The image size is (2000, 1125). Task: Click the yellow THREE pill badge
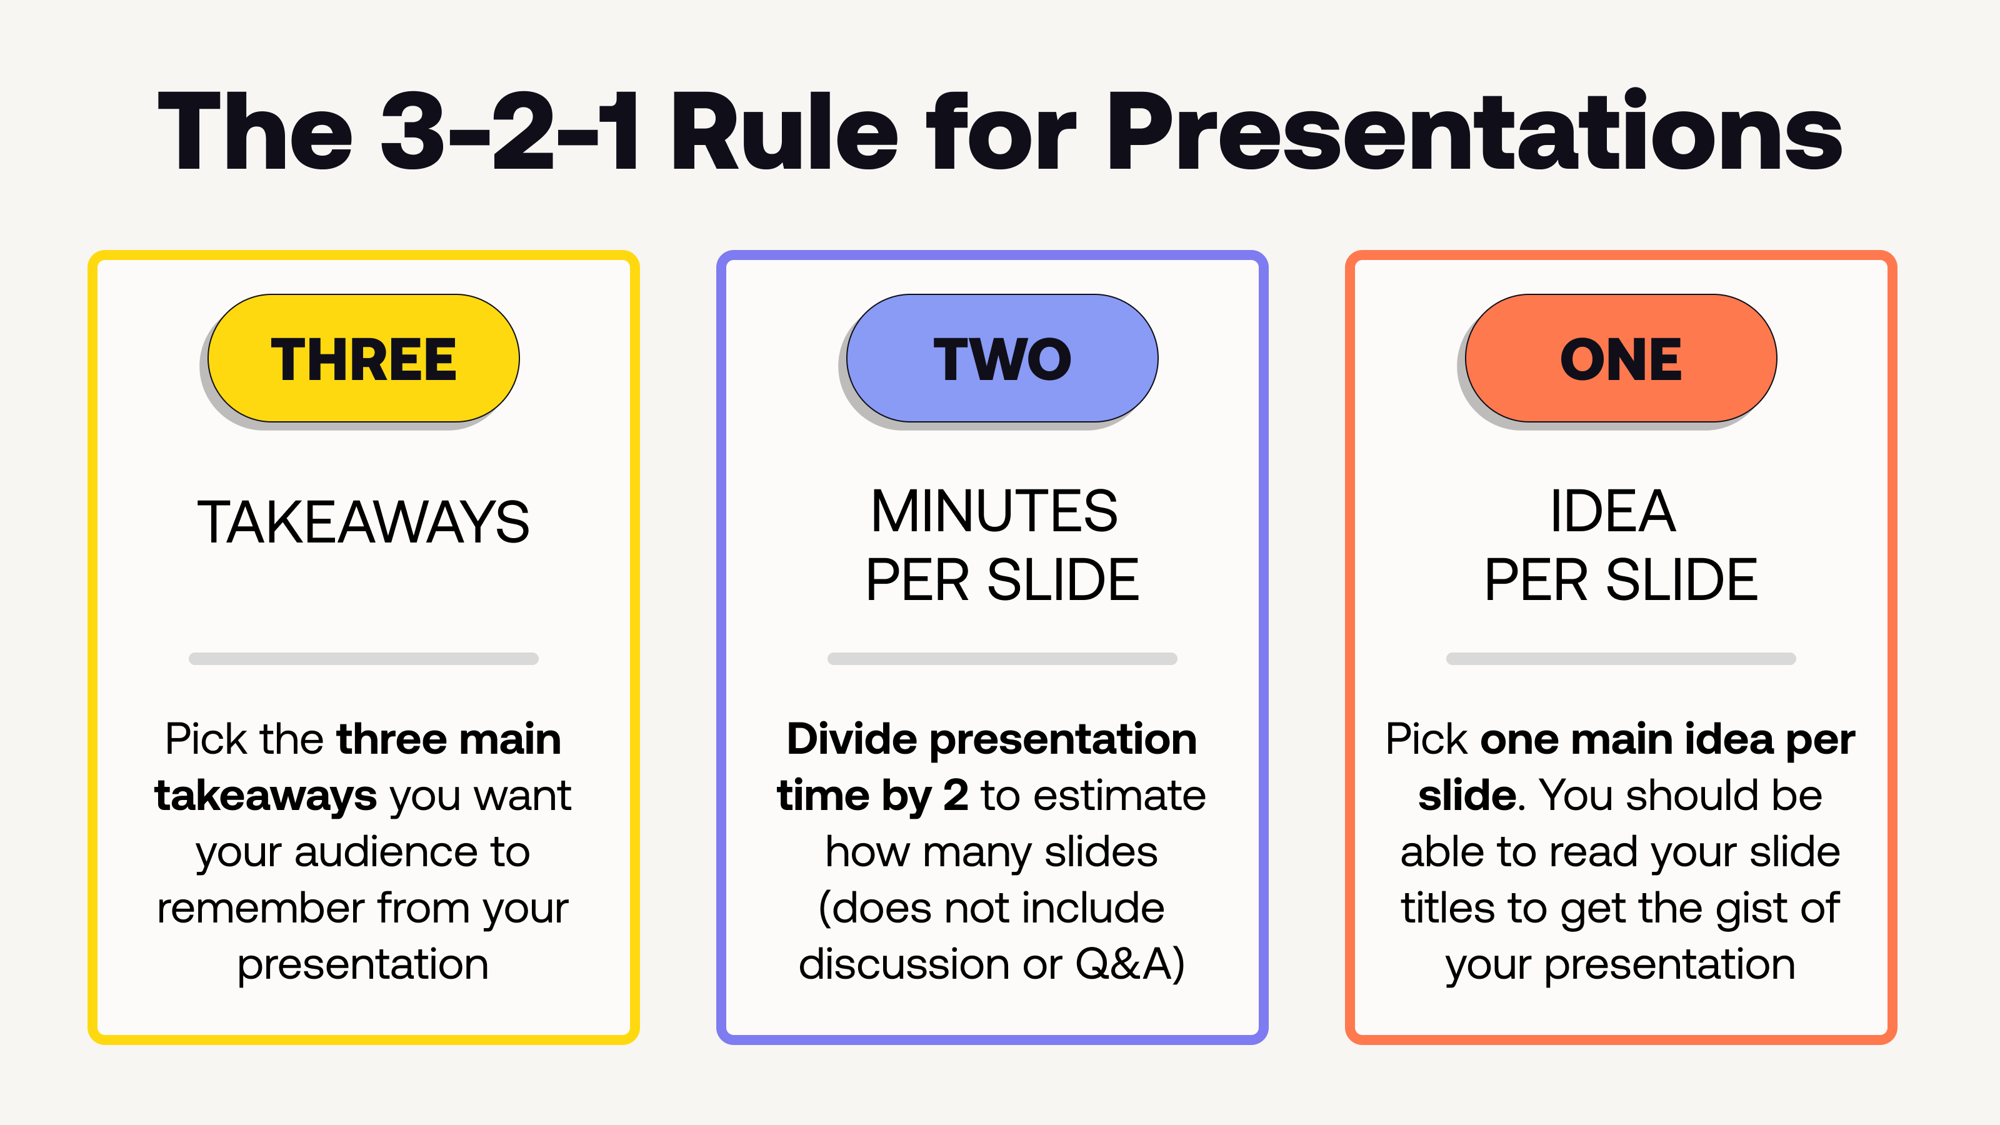[363, 359]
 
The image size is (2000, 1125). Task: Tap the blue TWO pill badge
[1001, 359]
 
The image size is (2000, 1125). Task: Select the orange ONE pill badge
[1621, 359]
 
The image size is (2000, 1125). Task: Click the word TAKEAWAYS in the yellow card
[363, 522]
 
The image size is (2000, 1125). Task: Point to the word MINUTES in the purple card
[994, 512]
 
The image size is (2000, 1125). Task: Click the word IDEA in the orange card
[1612, 512]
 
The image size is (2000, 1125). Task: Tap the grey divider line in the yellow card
[363, 658]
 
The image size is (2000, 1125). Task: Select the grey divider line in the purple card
[1001, 658]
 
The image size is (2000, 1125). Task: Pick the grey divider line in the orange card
[1621, 658]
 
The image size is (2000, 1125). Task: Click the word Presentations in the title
[1475, 132]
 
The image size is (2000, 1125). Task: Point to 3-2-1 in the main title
[509, 132]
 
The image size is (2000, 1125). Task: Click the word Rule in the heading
[784, 132]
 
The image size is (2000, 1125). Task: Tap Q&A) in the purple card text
[1129, 964]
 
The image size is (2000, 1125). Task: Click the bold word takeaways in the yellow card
[266, 796]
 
